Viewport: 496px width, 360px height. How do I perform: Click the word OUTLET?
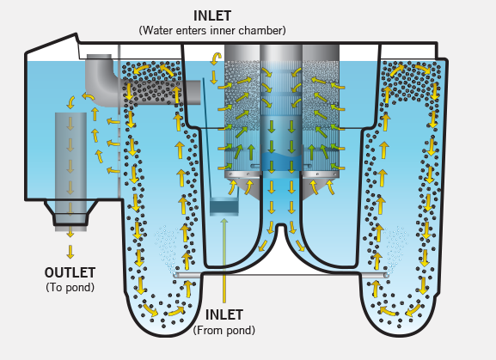pos(70,272)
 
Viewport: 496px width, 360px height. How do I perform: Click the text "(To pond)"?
pos(70,287)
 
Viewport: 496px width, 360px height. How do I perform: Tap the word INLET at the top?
pos(212,15)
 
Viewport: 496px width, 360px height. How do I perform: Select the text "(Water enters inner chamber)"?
pos(212,31)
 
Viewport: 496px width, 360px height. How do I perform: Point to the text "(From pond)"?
pos(224,330)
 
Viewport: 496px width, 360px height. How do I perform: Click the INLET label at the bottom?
pos(224,314)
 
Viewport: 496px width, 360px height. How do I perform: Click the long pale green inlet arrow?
pos(224,260)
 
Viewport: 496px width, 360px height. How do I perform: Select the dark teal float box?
pos(224,207)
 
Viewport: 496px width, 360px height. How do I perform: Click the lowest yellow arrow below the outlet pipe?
pos(70,252)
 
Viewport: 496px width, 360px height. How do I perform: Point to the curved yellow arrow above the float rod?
pos(216,58)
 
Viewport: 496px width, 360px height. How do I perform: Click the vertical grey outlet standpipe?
pos(70,172)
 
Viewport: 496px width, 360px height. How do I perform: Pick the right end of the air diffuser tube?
pos(387,276)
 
